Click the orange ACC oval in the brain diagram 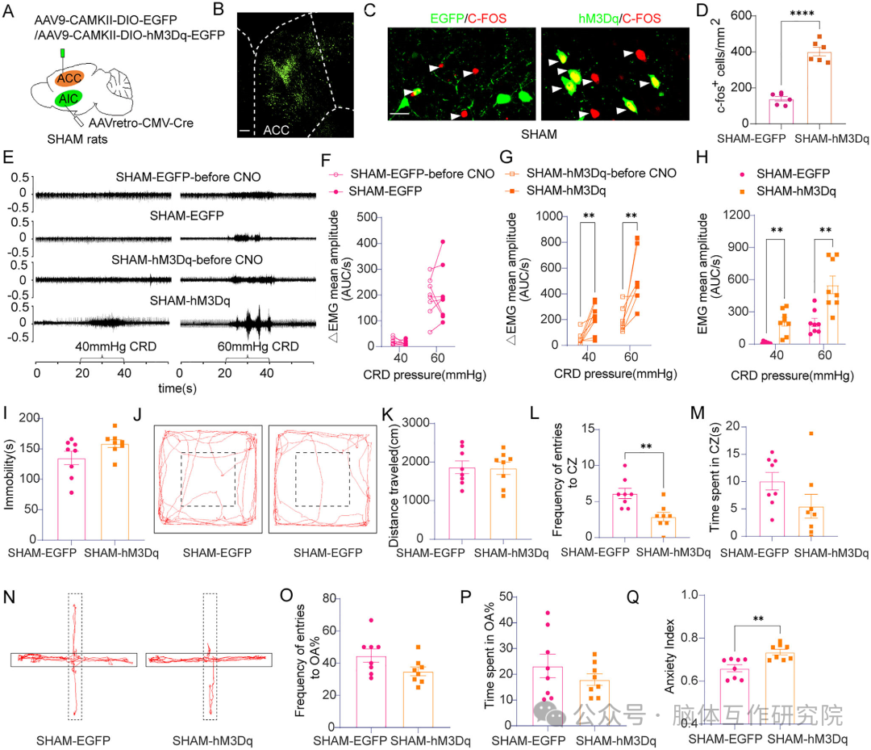[x=69, y=78]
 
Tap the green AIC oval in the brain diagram [x=69, y=98]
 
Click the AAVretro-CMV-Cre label [x=141, y=123]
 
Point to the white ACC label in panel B [x=276, y=130]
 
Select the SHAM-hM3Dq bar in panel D [x=819, y=88]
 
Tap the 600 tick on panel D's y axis [x=741, y=15]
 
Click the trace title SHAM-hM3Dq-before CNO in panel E [x=187, y=260]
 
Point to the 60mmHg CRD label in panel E [x=258, y=346]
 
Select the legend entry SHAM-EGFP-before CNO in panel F [x=422, y=174]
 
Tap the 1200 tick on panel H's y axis [x=736, y=216]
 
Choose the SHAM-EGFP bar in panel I [x=72, y=499]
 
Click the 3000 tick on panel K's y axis [x=415, y=423]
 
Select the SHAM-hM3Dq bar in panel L [x=663, y=527]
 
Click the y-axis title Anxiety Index [x=669, y=656]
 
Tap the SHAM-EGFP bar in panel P [x=547, y=696]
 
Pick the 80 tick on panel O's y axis [x=329, y=598]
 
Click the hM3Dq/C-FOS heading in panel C [x=619, y=19]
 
